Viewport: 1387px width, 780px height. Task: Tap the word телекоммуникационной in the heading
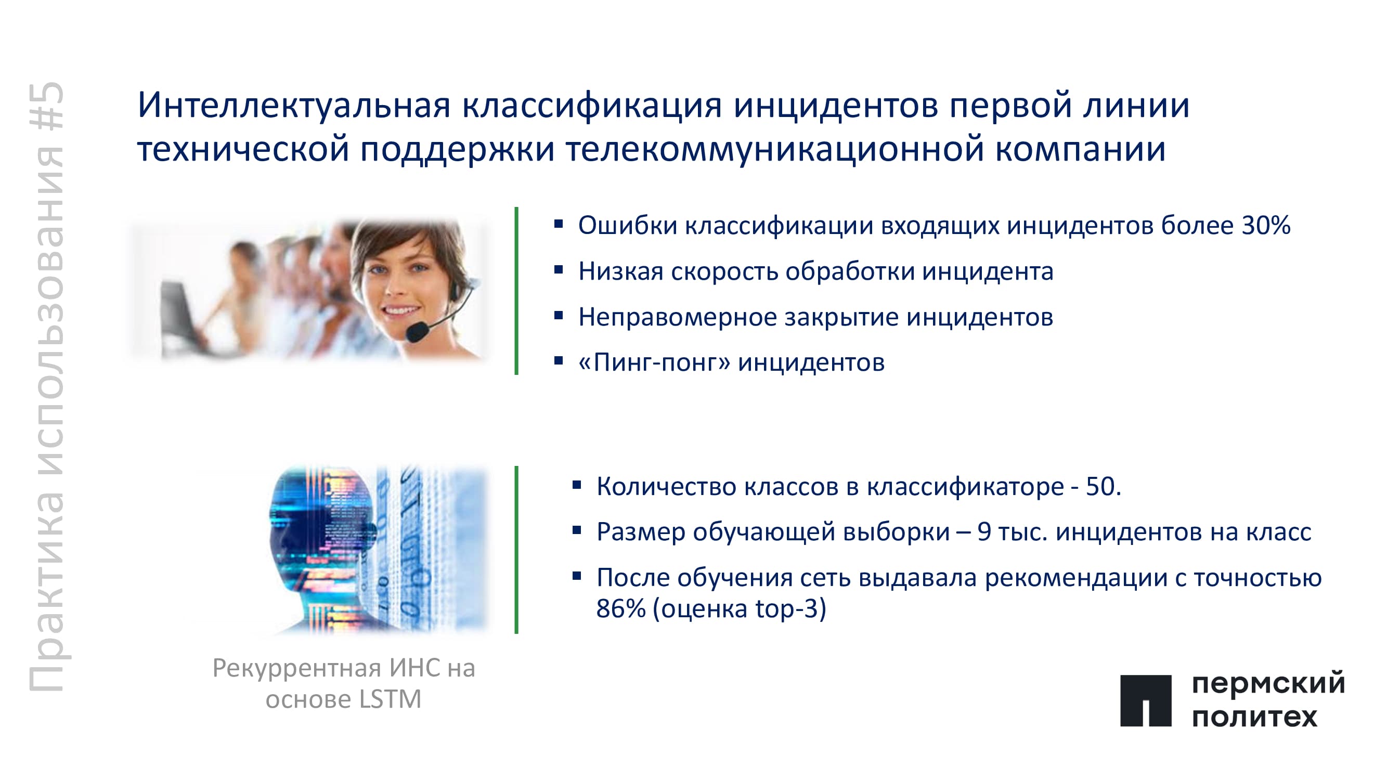tap(775, 149)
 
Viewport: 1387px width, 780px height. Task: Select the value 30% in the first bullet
tap(1266, 225)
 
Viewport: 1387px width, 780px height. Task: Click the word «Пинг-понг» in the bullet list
tap(654, 362)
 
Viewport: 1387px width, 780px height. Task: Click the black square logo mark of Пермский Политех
tap(1146, 701)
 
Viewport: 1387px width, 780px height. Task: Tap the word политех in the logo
tap(1254, 717)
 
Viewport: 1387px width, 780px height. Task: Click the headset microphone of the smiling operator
tap(417, 332)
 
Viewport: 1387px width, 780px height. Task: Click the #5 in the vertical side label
tap(47, 106)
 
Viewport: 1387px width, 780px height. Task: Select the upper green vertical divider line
tap(516, 291)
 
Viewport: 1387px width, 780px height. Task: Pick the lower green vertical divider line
tap(516, 550)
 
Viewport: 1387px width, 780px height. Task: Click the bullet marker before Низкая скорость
tap(559, 269)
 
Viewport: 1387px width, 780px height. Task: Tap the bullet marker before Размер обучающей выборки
tap(577, 530)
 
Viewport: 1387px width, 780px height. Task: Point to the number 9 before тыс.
tap(984, 532)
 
